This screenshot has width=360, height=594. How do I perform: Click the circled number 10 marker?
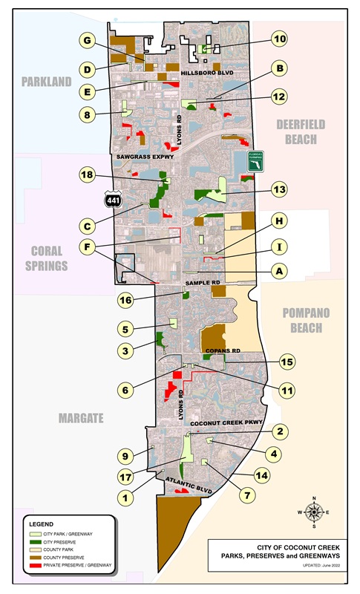pyautogui.click(x=279, y=39)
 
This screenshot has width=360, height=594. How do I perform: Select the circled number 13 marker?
pyautogui.click(x=279, y=190)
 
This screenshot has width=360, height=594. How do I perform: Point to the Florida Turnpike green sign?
pyautogui.click(x=257, y=161)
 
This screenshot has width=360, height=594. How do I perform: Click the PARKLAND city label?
pyautogui.click(x=46, y=81)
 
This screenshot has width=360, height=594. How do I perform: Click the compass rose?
pyautogui.click(x=314, y=512)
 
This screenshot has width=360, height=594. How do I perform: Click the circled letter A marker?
pyautogui.click(x=279, y=272)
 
